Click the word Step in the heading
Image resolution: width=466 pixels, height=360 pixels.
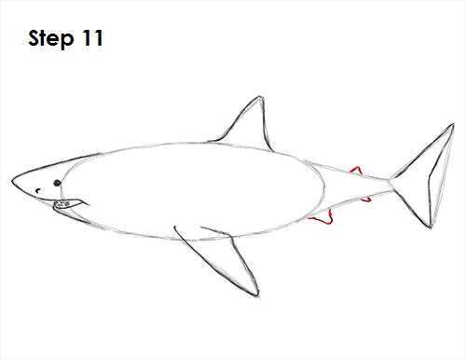[51, 39]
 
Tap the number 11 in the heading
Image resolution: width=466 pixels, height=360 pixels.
[93, 38]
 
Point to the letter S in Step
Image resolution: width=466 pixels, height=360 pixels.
[34, 38]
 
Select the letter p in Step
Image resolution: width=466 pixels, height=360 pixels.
[67, 41]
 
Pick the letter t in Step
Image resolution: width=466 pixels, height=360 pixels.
[45, 39]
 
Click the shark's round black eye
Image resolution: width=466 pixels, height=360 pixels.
[57, 183]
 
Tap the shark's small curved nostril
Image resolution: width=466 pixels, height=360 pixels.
[38, 190]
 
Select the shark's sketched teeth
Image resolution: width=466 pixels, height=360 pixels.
[62, 204]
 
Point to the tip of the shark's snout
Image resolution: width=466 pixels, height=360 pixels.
[12, 181]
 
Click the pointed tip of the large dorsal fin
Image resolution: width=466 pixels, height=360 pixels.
[260, 97]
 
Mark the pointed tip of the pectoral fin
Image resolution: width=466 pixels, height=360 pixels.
[257, 296]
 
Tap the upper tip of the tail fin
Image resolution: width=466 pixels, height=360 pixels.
[453, 124]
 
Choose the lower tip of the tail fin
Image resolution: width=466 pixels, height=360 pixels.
[431, 227]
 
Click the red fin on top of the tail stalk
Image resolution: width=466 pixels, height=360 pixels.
[356, 171]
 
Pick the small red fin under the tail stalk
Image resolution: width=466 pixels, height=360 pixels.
[366, 199]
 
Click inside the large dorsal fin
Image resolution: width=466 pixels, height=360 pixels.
[250, 128]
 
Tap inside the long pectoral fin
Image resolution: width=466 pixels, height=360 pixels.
[226, 258]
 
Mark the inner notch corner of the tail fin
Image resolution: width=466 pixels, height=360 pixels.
[430, 178]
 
